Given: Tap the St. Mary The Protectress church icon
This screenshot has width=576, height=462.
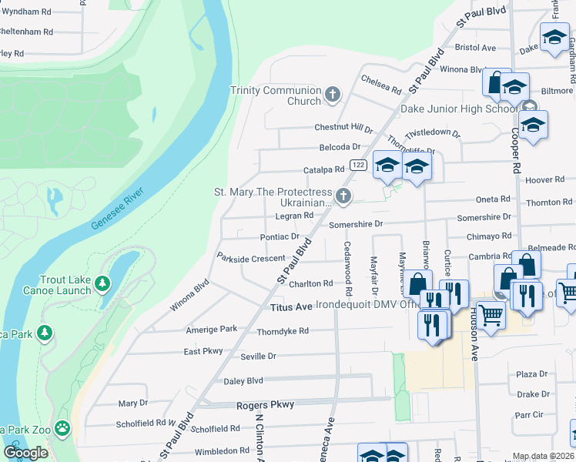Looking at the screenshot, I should click(x=343, y=197).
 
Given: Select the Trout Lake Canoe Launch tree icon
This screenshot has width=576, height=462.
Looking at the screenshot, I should click(x=102, y=286).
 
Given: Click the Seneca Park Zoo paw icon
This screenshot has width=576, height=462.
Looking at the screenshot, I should click(x=62, y=427).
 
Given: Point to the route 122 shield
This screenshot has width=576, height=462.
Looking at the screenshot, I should click(x=357, y=165).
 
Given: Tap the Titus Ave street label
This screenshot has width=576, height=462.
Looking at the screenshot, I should click(x=292, y=307).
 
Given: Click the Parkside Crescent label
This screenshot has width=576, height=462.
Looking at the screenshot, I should click(x=251, y=258).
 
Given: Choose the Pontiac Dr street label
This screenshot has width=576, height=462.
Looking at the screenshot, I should click(x=280, y=237).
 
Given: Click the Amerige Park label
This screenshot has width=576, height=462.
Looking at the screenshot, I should click(x=212, y=330).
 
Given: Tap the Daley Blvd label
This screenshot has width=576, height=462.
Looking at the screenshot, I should click(x=243, y=380).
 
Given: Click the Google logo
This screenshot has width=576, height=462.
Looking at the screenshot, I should click(x=25, y=453).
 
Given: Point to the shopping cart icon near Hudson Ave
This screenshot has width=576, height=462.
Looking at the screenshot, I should click(x=491, y=314).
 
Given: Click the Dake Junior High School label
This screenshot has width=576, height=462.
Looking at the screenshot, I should click(x=459, y=109).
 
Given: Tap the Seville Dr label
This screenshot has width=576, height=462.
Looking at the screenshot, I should click(x=258, y=357).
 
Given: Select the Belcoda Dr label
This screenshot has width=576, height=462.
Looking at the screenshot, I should click(x=340, y=147).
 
